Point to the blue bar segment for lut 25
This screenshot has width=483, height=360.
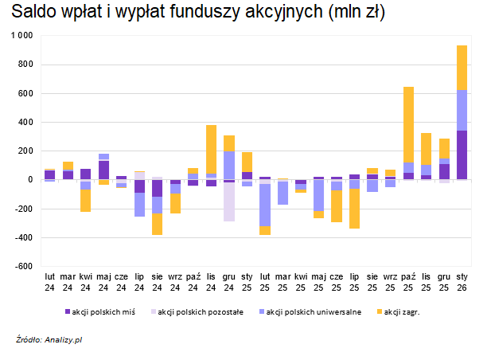pyautogui.click(x=264, y=205)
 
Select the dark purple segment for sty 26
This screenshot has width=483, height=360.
pyautogui.click(x=462, y=155)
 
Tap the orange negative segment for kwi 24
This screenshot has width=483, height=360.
pyautogui.click(x=85, y=200)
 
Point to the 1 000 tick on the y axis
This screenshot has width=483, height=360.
pyautogui.click(x=21, y=36)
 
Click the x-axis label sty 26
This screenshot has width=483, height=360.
pyautogui.click(x=462, y=280)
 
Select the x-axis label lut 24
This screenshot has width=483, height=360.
pyautogui.click(x=49, y=280)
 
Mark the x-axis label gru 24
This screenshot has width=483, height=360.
pyautogui.click(x=228, y=280)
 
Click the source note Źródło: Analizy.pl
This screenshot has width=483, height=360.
pyautogui.click(x=49, y=340)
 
